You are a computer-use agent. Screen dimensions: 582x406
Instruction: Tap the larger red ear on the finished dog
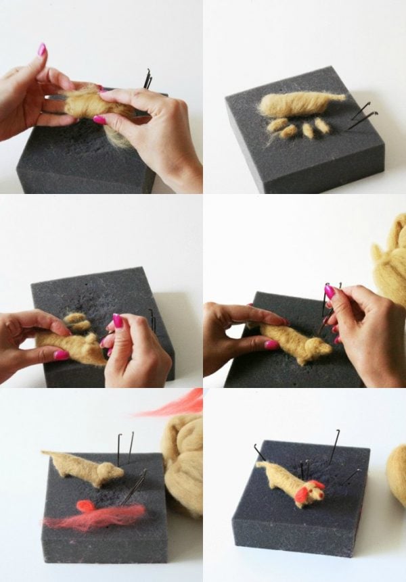302,495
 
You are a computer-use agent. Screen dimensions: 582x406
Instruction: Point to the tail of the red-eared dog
261,464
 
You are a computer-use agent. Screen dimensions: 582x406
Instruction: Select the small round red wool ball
85,505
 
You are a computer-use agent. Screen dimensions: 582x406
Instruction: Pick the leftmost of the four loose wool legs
276,125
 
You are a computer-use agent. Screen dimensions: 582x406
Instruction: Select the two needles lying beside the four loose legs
360,115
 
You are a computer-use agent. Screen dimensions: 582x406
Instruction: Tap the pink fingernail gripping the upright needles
330,292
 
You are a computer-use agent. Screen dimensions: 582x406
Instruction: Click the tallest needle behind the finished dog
334,446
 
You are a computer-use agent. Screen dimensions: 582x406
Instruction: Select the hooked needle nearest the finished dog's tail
259,452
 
